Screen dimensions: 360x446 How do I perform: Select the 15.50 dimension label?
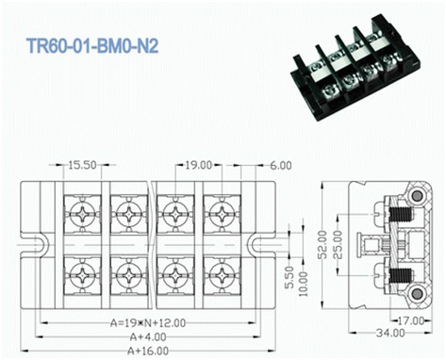[x=83, y=164]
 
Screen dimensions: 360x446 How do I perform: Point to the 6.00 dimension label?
[x=280, y=164]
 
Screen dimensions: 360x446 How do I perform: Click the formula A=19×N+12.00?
[x=140, y=322]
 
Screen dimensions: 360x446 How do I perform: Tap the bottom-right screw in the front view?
[x=219, y=278]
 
